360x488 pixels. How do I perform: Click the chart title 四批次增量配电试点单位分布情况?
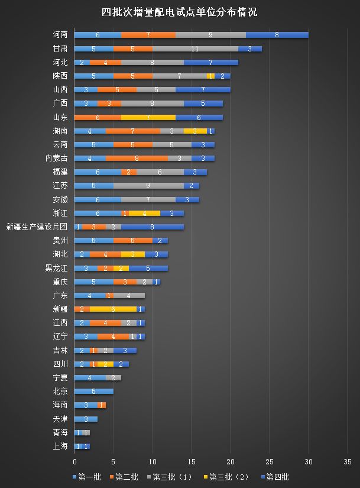pos(180,12)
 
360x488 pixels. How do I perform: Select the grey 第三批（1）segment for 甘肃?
pos(195,49)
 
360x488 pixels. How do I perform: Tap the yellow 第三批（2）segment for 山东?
pos(148,117)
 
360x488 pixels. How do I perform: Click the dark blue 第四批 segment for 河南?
pos(277,35)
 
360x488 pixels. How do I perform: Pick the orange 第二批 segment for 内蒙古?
pos(137,158)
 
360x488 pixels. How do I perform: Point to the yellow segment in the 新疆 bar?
pos(113,309)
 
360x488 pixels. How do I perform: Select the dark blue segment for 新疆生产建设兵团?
pos(153,227)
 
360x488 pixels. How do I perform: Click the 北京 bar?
pos(93,391)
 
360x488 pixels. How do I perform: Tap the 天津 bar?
pos(86,419)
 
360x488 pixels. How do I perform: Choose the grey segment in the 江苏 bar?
pos(148,186)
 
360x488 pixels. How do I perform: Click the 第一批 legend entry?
pos(87,476)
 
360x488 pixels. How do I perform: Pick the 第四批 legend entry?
pos(277,476)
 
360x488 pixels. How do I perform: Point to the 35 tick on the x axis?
pos(347,461)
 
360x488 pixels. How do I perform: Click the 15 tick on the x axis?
pos(192,461)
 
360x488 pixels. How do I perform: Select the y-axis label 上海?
pos(60,446)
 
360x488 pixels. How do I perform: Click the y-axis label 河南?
pos(60,35)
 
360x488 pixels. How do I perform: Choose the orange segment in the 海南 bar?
pos(102,405)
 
